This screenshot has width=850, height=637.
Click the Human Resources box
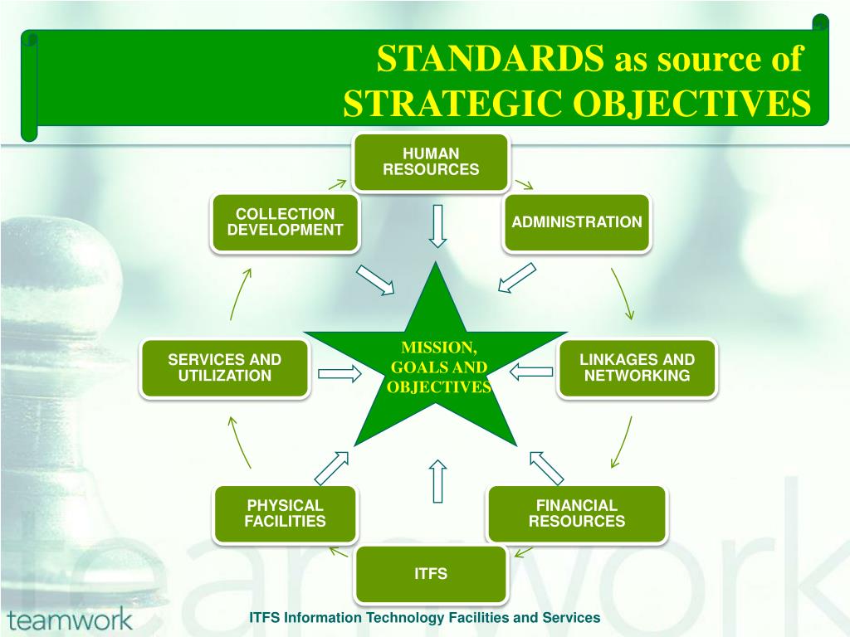(x=431, y=162)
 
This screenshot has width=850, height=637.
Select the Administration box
(x=577, y=222)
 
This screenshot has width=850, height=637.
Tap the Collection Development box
(x=285, y=222)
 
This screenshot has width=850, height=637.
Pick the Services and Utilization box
(x=225, y=367)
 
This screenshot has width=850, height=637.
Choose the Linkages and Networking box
(x=637, y=367)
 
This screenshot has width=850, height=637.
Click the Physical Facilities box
(x=285, y=513)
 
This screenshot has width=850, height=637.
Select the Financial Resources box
(x=576, y=513)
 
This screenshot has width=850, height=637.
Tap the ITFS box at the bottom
(x=431, y=573)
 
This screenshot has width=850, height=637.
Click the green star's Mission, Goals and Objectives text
(x=438, y=367)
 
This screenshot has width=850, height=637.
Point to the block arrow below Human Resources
(x=437, y=225)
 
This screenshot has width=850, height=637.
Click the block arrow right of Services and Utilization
(x=340, y=373)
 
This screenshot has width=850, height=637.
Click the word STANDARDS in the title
(x=491, y=60)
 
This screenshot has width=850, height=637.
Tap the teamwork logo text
(x=70, y=619)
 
